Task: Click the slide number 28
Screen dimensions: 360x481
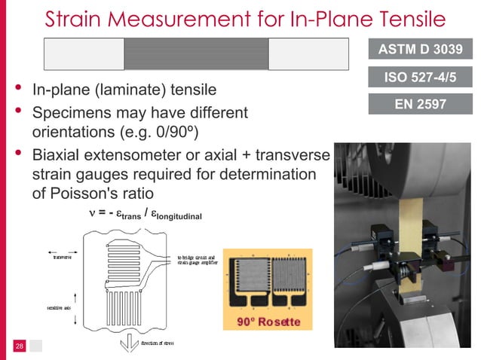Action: point(20,346)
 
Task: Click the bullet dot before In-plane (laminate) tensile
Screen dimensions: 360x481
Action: point(17,90)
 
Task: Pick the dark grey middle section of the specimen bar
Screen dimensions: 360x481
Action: point(196,53)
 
